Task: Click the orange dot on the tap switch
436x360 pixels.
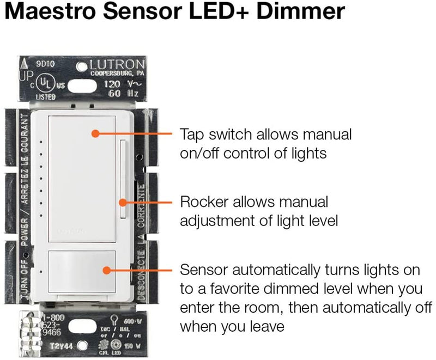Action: coord(95,133)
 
